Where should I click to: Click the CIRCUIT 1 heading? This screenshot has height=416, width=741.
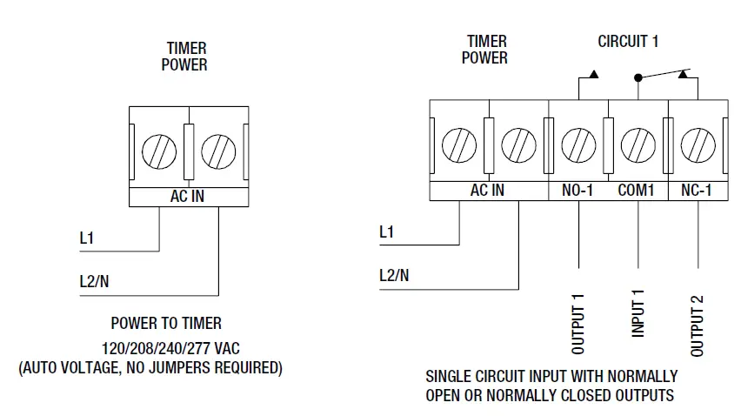coord(628,42)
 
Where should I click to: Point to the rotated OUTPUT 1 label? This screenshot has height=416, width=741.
coord(578,325)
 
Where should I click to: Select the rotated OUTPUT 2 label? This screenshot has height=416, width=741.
coord(697,325)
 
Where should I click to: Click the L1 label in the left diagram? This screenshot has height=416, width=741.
coord(86,236)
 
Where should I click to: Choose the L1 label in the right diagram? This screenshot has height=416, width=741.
coord(387,232)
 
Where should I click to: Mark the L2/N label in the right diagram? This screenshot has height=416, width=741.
coord(395,276)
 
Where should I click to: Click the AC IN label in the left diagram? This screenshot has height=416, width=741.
coord(187,197)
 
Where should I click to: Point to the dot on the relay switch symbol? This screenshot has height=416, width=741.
coord(638,77)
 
